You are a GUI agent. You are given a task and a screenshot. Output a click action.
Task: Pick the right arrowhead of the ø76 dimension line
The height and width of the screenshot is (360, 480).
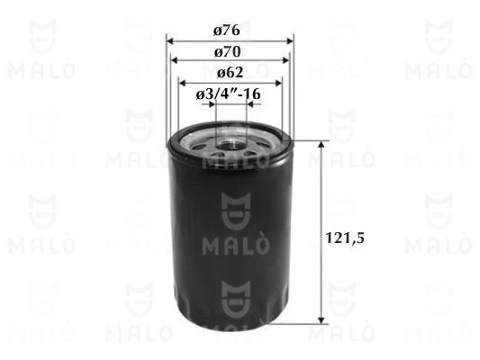pos(291,41)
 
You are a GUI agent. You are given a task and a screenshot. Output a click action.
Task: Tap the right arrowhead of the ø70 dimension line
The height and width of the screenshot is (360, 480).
pos(285,61)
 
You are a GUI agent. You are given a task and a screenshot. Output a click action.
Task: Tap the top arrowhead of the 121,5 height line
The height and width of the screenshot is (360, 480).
pos(322,144)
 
